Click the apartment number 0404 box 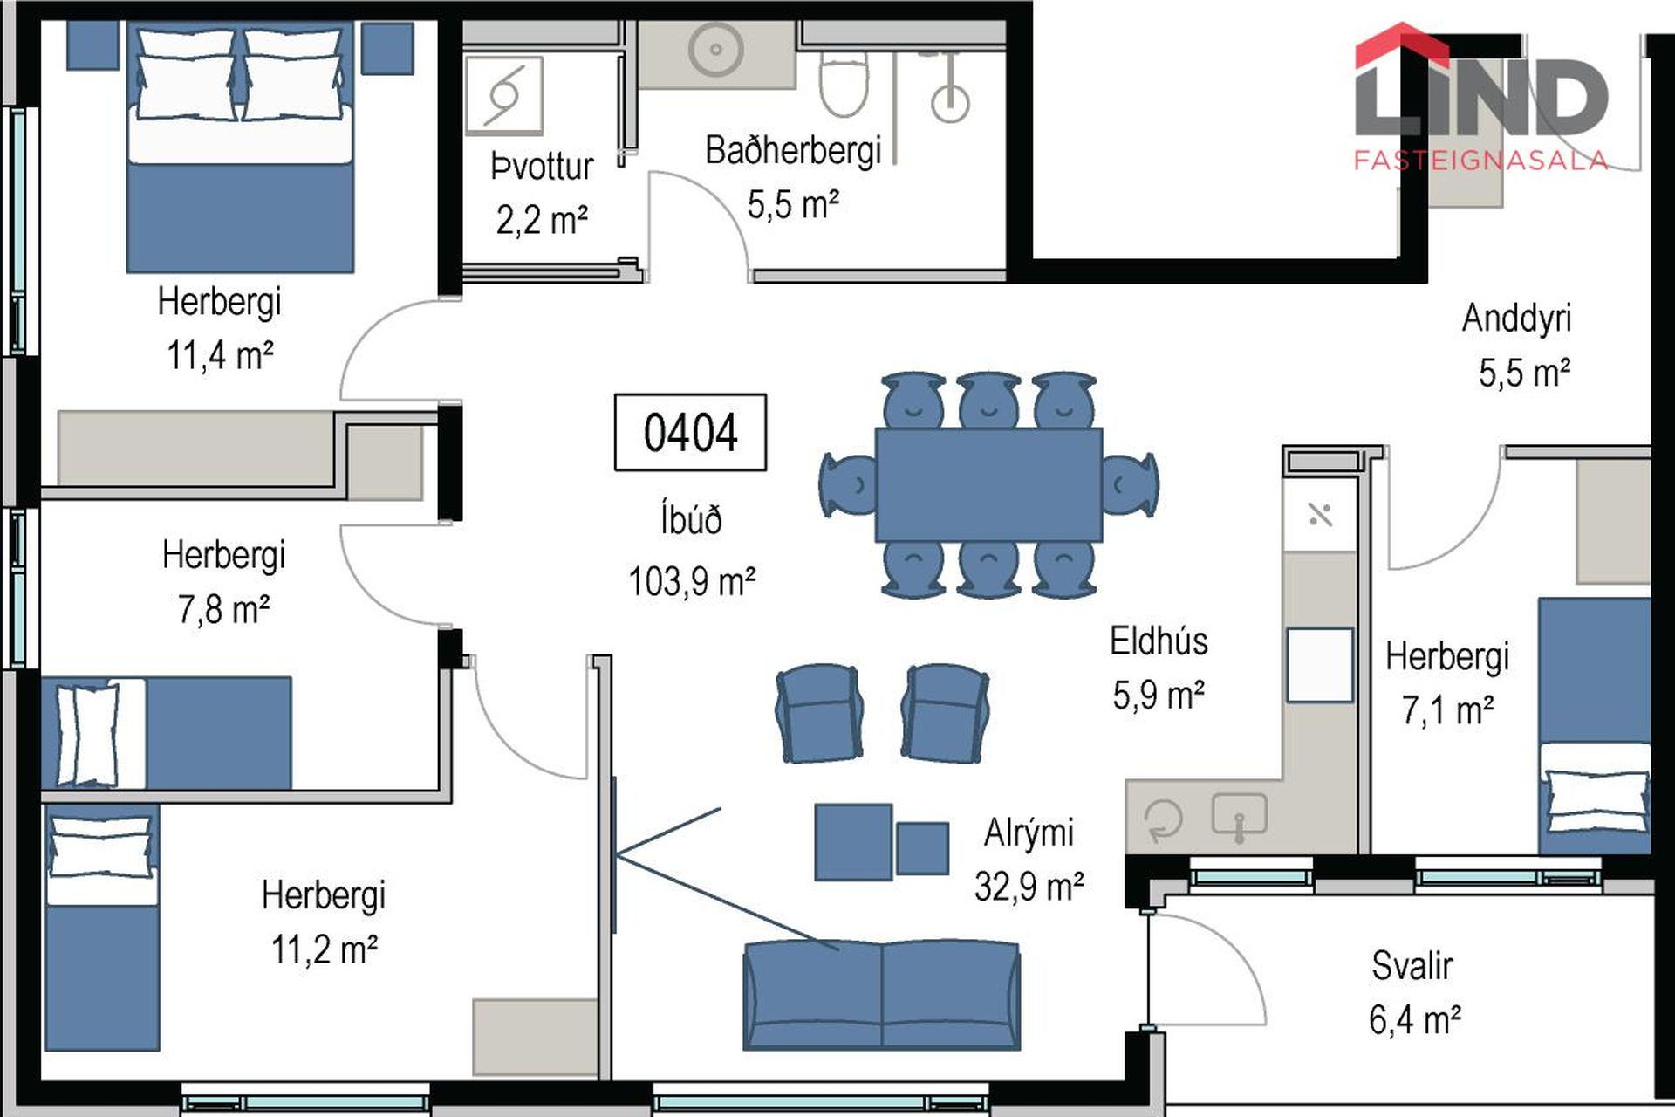pyautogui.click(x=690, y=432)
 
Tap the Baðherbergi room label pyautogui.click(x=793, y=150)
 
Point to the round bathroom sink pyautogui.click(x=715, y=50)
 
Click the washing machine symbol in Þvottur pyautogui.click(x=504, y=94)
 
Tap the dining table pyautogui.click(x=988, y=484)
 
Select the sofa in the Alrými pyautogui.click(x=881, y=995)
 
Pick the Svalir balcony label pyautogui.click(x=1412, y=965)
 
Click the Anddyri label pyautogui.click(x=1516, y=318)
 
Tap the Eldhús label pyautogui.click(x=1159, y=641)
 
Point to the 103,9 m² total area pyautogui.click(x=692, y=581)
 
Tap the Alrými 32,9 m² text pyautogui.click(x=1029, y=860)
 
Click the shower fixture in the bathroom pyautogui.click(x=949, y=87)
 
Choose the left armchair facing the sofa pyautogui.click(x=819, y=713)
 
